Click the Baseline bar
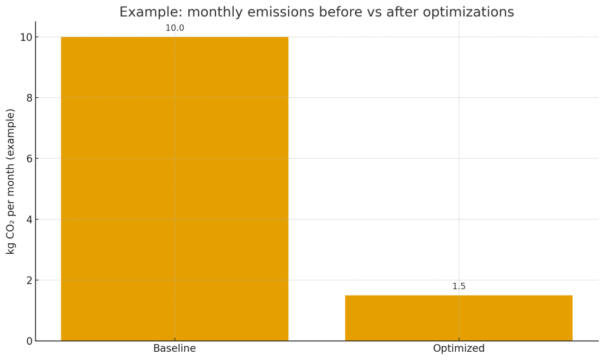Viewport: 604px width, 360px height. pyautogui.click(x=174, y=189)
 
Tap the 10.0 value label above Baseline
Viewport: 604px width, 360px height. pyautogui.click(x=175, y=28)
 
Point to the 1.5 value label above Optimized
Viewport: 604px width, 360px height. pyautogui.click(x=459, y=287)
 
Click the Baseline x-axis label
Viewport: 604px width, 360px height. pyautogui.click(x=174, y=349)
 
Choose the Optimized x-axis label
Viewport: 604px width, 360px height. pyautogui.click(x=459, y=349)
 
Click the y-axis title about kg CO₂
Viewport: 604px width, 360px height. pyautogui.click(x=11, y=181)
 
